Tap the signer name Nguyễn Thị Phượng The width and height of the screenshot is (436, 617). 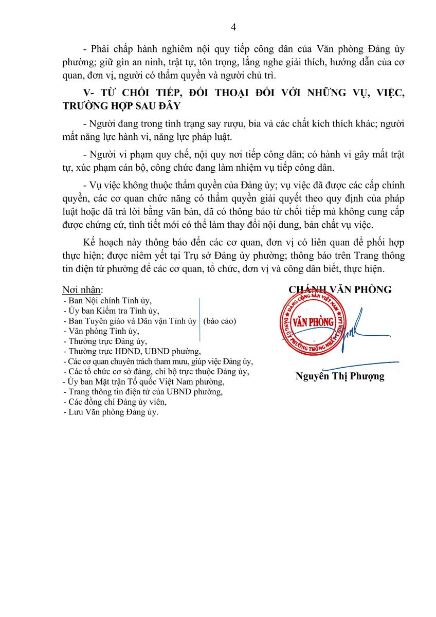[340, 376]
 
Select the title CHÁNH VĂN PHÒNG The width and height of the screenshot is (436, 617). [340, 290]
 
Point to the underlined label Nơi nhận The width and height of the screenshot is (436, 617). [82, 290]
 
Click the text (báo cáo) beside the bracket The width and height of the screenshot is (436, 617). [220, 321]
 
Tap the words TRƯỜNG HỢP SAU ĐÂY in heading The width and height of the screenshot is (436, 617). [121, 105]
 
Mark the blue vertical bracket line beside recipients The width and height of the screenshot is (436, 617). [199, 319]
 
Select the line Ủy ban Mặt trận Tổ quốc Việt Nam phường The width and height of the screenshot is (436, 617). [143, 382]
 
